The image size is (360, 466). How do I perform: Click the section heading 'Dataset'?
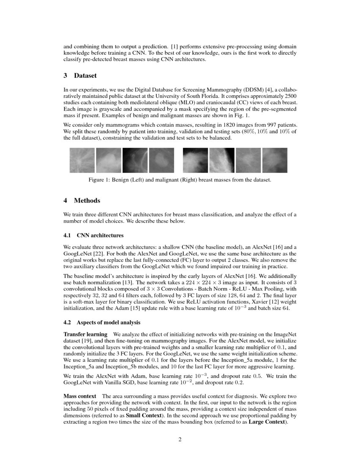pyautogui.click(x=85, y=76)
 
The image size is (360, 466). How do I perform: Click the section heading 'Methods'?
pyautogui.click(x=87, y=200)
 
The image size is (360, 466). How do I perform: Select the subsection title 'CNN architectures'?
pyautogui.click(x=100, y=236)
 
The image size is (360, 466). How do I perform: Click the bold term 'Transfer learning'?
pyautogui.click(x=85, y=335)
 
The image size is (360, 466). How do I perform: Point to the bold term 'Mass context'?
pyautogui.click(x=79, y=397)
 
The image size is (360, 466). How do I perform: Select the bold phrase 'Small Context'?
pyautogui.click(x=129, y=416)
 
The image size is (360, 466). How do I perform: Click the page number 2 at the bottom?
pyautogui.click(x=180, y=439)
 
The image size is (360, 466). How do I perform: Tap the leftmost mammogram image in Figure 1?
pyautogui.click(x=82, y=160)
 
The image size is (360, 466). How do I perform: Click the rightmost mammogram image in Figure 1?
pyautogui.click(x=274, y=160)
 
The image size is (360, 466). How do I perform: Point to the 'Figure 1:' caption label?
pyautogui.click(x=100, y=180)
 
